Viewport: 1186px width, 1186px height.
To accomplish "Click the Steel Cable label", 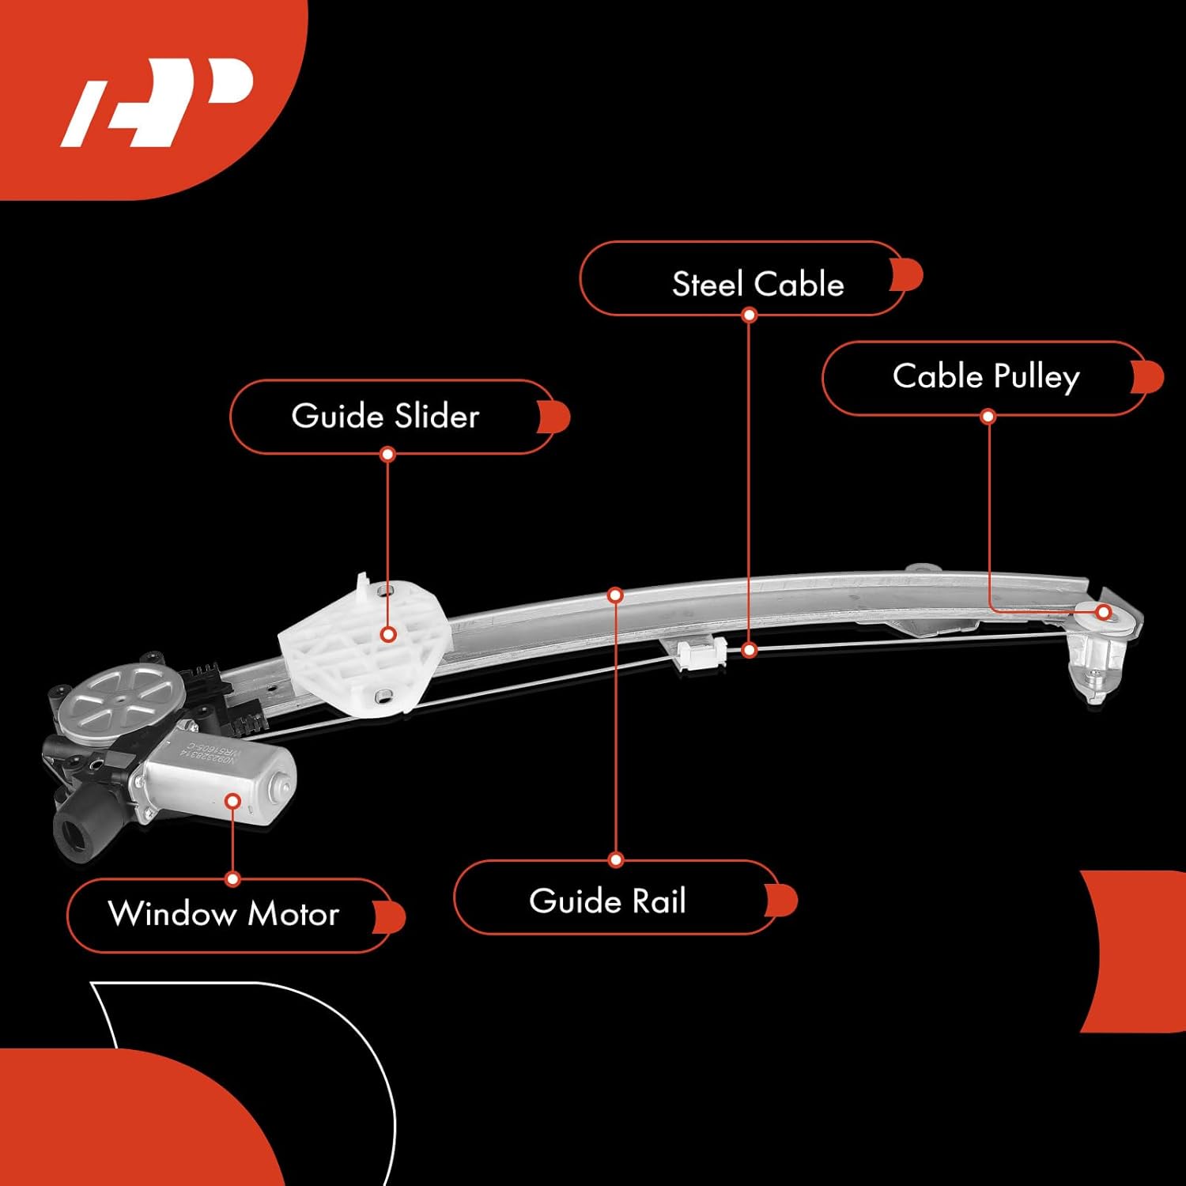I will [x=757, y=284].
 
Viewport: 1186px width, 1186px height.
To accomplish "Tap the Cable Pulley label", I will [x=985, y=377].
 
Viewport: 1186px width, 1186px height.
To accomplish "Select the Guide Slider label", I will [x=385, y=416].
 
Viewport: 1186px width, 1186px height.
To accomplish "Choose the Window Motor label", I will [x=224, y=914].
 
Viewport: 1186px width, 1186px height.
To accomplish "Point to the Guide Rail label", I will [x=607, y=901].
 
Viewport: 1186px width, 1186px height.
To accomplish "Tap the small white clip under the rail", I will [x=701, y=653].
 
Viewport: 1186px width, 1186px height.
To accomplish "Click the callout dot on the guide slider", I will [x=388, y=634].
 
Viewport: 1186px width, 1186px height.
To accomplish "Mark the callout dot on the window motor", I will [x=232, y=801].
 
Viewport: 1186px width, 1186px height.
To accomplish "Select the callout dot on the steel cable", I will [x=750, y=650].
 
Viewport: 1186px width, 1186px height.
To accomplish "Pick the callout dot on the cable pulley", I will [x=1104, y=612].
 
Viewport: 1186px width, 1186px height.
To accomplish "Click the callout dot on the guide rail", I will [x=616, y=595].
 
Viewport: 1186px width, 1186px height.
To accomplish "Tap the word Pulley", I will [x=1036, y=377].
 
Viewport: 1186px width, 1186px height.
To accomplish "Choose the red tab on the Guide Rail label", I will [x=781, y=901].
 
